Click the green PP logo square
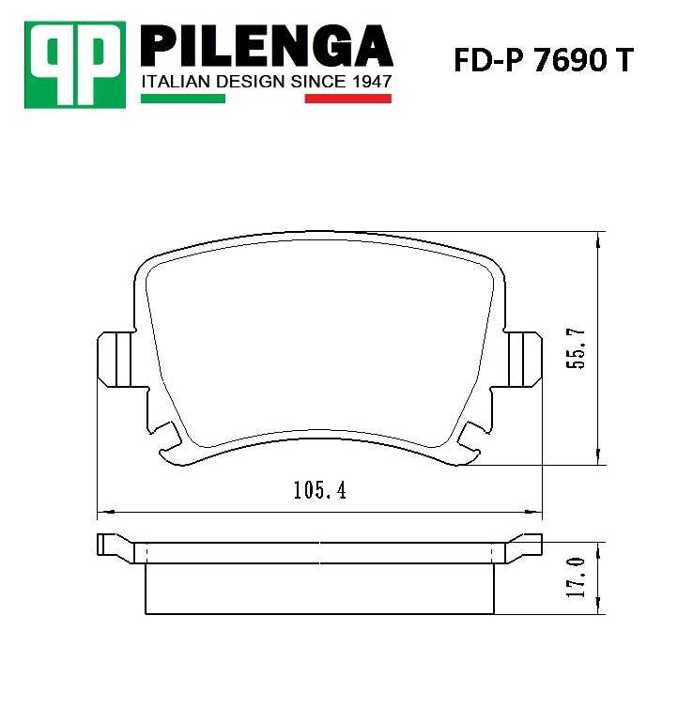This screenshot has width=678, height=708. (x=76, y=63)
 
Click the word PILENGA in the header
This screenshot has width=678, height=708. (x=266, y=46)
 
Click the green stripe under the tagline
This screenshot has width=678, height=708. (x=182, y=98)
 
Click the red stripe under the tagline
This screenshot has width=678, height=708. (x=347, y=98)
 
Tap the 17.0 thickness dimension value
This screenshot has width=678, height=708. (x=578, y=577)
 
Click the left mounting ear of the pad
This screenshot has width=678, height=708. (x=116, y=359)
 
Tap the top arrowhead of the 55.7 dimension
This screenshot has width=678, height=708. (x=599, y=239)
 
